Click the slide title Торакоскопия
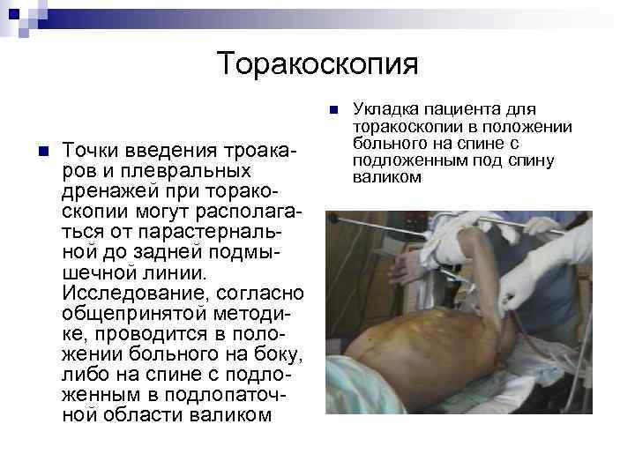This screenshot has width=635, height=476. pyautogui.click(x=317, y=63)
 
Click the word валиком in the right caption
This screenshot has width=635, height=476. pyautogui.click(x=386, y=176)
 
